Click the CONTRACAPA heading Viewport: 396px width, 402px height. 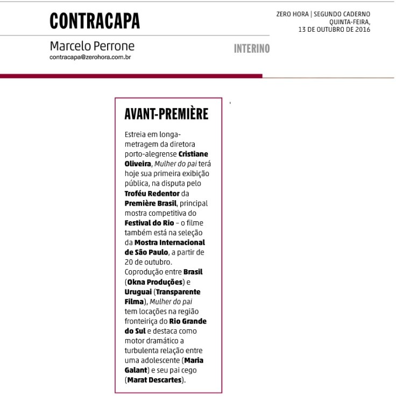tap(95, 20)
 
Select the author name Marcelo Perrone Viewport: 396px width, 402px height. tap(92, 46)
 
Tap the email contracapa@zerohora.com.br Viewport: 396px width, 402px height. tap(90, 57)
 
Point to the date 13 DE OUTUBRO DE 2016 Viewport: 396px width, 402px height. tap(334, 30)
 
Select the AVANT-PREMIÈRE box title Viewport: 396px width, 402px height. tap(166, 114)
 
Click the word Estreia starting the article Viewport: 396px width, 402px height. tap(136, 133)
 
